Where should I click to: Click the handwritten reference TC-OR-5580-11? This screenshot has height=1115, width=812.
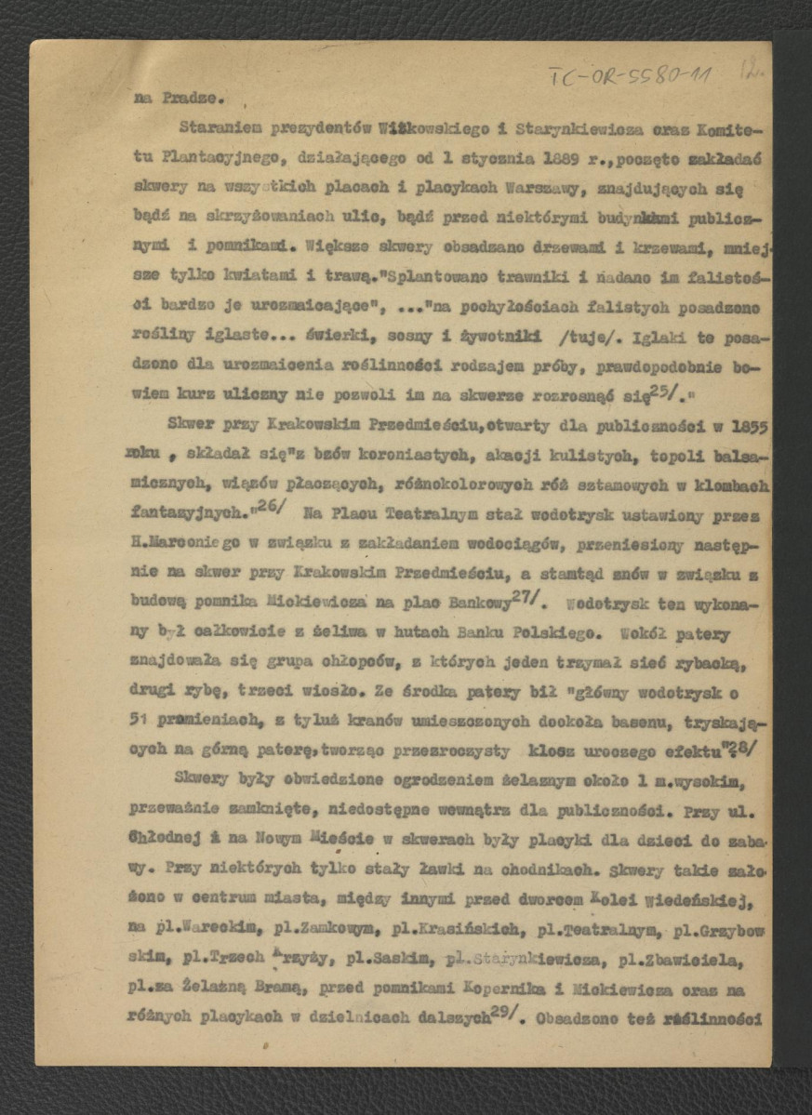coord(630,74)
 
